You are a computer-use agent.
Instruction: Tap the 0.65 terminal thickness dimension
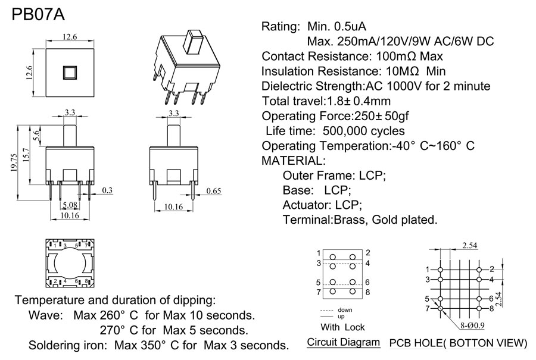214,191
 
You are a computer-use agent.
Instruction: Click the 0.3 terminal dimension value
107,190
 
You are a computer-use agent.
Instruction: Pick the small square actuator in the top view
70,73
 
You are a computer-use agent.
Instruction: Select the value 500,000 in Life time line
350,131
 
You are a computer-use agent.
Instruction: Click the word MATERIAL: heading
294,161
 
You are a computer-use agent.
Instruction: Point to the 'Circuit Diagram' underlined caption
343,342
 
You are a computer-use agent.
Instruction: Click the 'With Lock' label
342,327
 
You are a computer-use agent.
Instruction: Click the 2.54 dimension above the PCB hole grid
469,245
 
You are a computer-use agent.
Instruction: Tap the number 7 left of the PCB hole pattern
428,308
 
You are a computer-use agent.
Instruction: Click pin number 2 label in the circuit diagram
368,253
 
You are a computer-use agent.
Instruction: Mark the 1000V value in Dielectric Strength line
401,86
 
